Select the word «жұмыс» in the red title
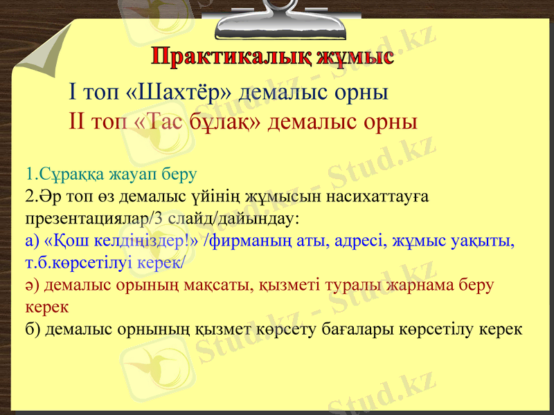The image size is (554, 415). point(354,57)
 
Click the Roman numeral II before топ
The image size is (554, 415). point(78,122)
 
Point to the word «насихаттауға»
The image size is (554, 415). point(379,196)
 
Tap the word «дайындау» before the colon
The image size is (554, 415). point(261,219)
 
